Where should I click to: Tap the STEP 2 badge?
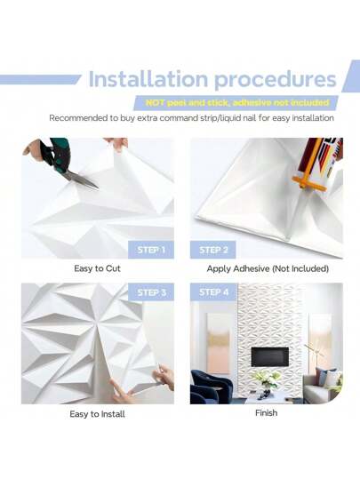click(x=212, y=250)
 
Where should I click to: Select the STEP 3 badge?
click(x=151, y=292)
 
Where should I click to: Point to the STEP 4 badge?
click(x=212, y=292)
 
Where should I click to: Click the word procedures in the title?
click(x=273, y=78)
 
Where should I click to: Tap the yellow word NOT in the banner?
click(x=156, y=102)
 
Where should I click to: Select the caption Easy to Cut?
click(x=97, y=267)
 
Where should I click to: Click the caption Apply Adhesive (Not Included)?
click(x=267, y=267)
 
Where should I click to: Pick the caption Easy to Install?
click(x=97, y=413)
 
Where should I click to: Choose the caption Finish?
click(x=266, y=412)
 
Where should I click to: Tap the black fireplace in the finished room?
click(x=268, y=356)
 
